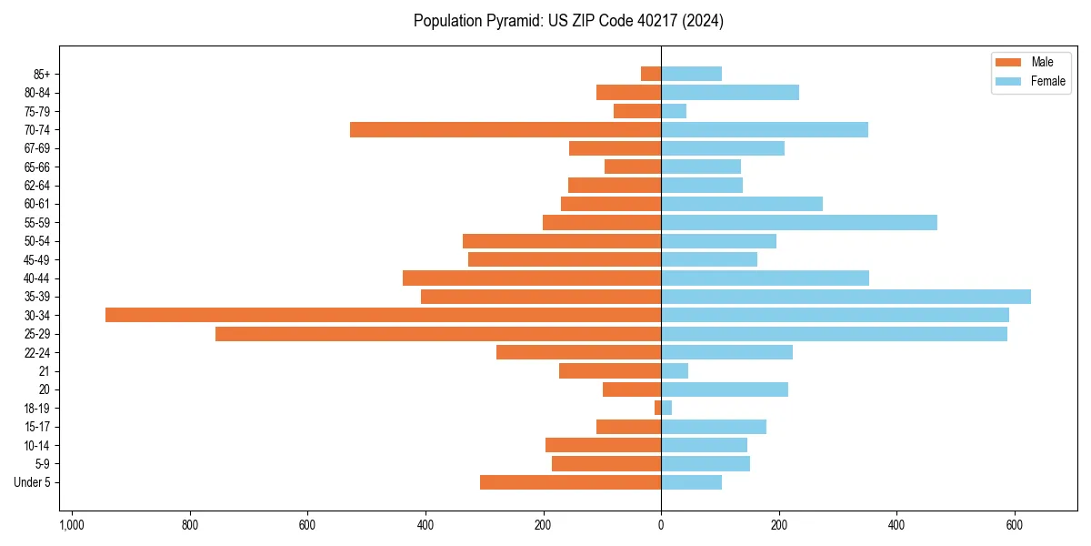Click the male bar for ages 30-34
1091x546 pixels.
pos(383,315)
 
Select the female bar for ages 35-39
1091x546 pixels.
pos(846,297)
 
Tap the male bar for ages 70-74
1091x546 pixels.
pos(505,130)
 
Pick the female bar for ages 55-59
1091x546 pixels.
pos(798,222)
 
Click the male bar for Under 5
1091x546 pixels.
pos(570,482)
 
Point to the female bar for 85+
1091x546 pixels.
pos(691,74)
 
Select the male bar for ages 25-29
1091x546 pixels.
pos(438,334)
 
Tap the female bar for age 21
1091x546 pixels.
pos(675,371)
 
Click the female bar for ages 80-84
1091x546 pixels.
pos(730,93)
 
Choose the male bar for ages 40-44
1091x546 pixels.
pos(532,278)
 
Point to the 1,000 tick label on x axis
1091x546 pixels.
pos(72,525)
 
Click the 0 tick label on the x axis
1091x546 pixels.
pos(661,525)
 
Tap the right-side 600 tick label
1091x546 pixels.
pos(1015,525)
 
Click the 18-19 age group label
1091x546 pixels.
pos(37,409)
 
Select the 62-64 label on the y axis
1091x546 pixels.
pos(37,186)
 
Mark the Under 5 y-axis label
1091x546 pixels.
pos(32,482)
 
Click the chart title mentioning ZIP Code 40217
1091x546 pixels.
pos(568,21)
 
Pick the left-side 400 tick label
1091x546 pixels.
pos(425,525)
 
